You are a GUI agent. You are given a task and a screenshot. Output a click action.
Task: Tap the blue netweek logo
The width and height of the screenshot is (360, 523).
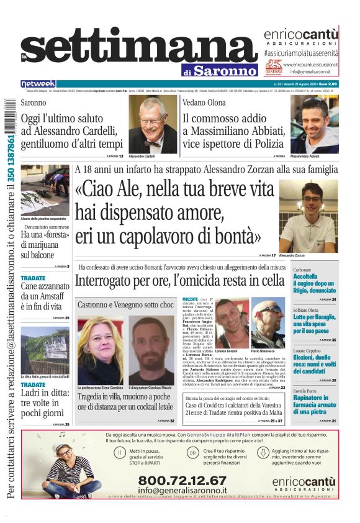[x=38, y=83]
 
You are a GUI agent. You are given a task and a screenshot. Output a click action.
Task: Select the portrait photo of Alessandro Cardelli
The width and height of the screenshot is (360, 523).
[x=153, y=124]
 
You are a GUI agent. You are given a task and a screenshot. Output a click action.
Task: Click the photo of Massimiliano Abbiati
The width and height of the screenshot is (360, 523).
[x=315, y=124]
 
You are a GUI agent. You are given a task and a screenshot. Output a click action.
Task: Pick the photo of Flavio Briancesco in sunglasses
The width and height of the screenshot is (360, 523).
[x=268, y=322]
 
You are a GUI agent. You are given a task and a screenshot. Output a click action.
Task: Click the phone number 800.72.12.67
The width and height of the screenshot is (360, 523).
[x=182, y=481]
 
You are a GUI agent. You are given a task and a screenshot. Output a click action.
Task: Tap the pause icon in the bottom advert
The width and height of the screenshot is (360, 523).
[x=119, y=453]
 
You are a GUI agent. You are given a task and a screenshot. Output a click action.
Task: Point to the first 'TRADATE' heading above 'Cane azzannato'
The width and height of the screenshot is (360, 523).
[x=33, y=278]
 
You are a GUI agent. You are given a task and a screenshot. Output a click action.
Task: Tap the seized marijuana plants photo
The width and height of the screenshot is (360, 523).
[x=45, y=189]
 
